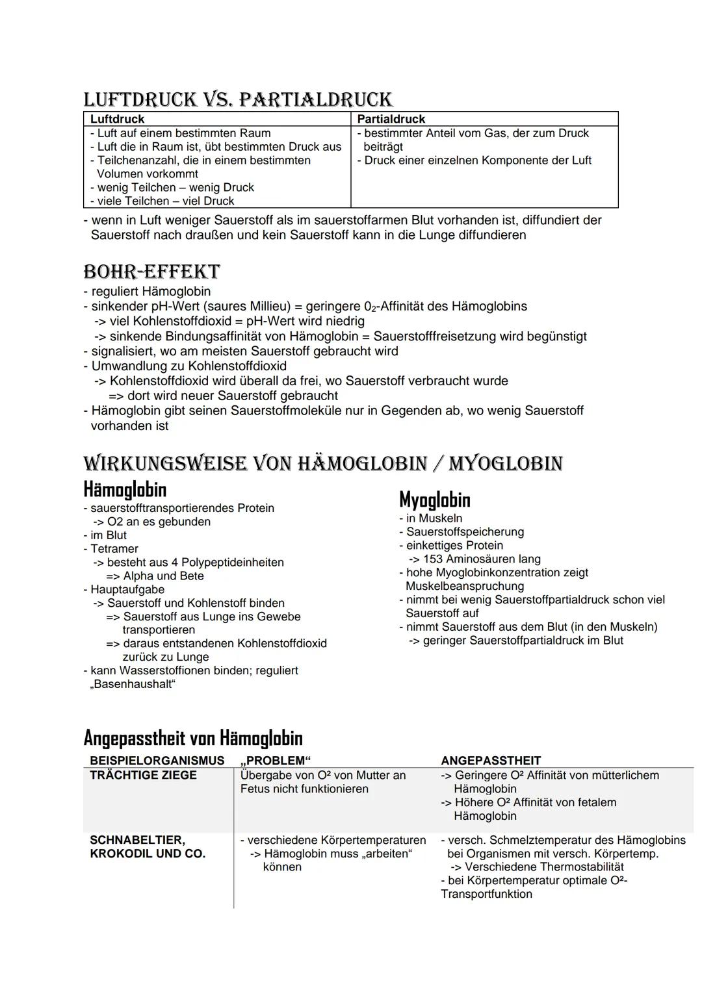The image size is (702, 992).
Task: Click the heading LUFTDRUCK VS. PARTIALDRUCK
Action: coord(238,99)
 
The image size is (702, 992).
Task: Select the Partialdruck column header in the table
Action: coord(391,119)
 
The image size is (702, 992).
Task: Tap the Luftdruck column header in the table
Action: coord(118,119)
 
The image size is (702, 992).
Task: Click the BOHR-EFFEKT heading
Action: coord(151,272)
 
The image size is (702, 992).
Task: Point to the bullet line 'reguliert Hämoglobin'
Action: coord(151,291)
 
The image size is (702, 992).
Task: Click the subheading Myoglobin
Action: coord(434,500)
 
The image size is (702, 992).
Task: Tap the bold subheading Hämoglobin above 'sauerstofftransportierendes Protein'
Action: coord(125,489)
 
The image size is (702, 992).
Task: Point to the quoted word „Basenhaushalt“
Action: coord(133,684)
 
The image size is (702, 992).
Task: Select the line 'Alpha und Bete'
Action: coord(163,576)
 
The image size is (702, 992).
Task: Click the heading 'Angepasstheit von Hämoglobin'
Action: coord(193,738)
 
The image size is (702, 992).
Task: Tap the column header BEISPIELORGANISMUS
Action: coord(157,760)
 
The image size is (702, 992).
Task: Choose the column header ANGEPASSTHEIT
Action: coord(491,760)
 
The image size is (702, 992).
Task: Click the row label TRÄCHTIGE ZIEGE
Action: coord(143,775)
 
